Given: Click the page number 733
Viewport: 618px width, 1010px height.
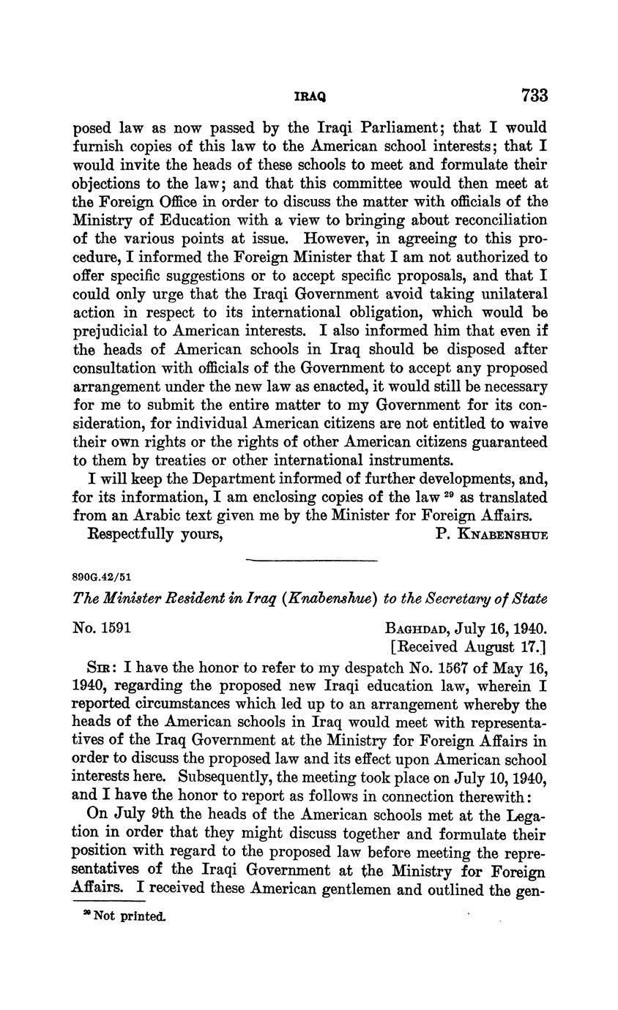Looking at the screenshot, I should (x=535, y=95).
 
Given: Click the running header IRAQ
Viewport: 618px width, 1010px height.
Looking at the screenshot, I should (x=310, y=97).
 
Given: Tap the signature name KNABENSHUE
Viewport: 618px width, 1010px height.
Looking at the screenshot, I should (x=502, y=535).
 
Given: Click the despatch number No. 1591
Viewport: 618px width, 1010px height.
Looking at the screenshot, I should (x=102, y=628).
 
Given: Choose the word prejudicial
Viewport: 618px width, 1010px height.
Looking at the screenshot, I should (x=113, y=332).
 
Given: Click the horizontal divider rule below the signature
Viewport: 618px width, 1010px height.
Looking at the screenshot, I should (x=310, y=561).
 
